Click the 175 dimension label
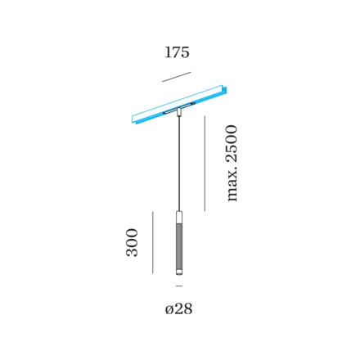point(177,52)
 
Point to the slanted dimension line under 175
point(177,77)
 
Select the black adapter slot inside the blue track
point(179,107)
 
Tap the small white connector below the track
point(179,112)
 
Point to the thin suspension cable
point(179,163)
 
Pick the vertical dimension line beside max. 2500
point(205,164)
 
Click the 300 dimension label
point(132,242)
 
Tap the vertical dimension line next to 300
point(153,242)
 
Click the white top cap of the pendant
point(179,217)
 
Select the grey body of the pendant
point(179,246)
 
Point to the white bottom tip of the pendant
point(179,272)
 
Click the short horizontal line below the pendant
point(179,286)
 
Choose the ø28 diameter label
point(178,309)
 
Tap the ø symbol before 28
point(169,310)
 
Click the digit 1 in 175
point(168,52)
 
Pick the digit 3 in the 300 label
point(132,252)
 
